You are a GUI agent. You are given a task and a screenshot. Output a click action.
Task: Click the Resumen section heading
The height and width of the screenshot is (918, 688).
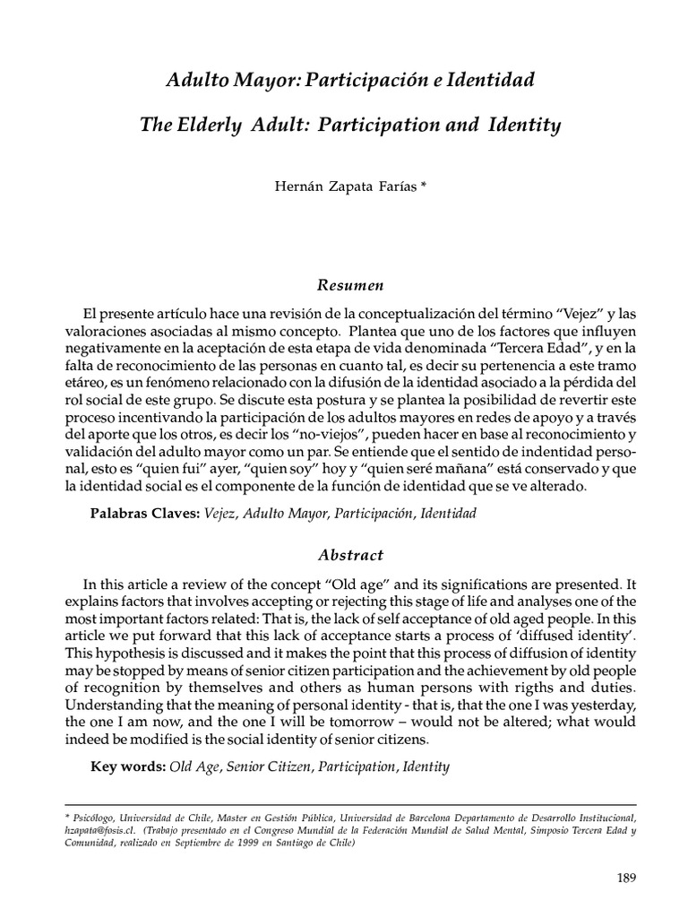[350, 286]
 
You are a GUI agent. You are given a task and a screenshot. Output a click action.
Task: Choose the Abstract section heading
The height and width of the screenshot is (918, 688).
[350, 555]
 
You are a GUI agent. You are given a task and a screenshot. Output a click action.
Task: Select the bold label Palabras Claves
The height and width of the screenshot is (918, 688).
[144, 514]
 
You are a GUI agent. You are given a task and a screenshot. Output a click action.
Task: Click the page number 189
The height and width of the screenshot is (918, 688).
[624, 878]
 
